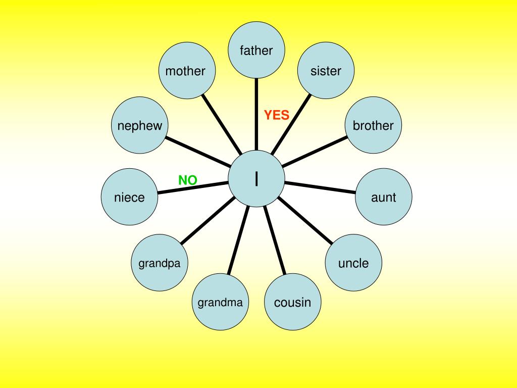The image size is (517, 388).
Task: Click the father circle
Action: point(256,50)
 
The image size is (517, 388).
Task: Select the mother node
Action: point(186,71)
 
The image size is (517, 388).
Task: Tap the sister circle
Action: point(326,71)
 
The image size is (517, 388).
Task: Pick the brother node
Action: point(373,125)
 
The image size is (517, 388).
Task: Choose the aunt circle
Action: point(384,197)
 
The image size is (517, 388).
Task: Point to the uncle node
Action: point(353,263)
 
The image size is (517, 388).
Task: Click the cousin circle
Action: point(293,302)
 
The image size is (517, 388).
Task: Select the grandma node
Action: point(220,302)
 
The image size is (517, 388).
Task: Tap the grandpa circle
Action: point(160,263)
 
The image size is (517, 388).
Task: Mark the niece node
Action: point(129,197)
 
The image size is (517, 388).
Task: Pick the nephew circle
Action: point(140,125)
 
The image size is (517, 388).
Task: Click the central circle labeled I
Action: point(256,178)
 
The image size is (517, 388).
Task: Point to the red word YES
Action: point(277,115)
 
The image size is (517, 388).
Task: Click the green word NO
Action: point(187,180)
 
